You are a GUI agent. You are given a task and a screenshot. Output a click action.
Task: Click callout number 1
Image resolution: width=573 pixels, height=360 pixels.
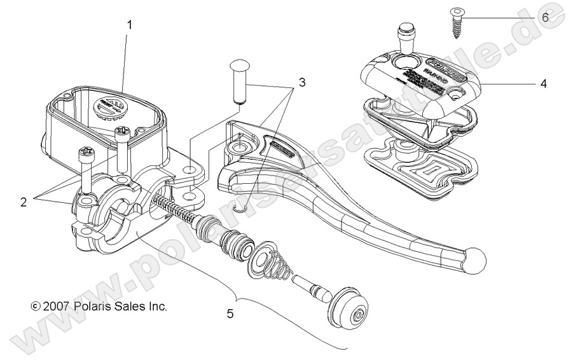pos(130,25)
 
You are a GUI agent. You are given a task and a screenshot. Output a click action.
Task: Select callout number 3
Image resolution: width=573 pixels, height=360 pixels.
pos(301,82)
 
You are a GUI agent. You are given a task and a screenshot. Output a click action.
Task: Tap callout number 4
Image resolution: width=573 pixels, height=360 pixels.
pos(542,83)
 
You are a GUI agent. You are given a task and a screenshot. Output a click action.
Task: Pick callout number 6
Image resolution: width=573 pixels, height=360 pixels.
pos(545,17)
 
